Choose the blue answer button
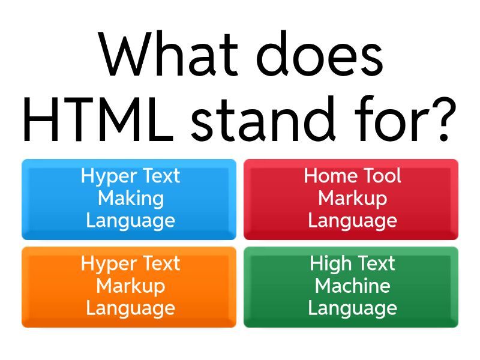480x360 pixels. pyautogui.click(x=129, y=199)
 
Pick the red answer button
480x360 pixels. pyautogui.click(x=351, y=199)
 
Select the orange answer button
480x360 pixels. pyautogui.click(x=129, y=287)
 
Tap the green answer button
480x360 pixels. pyautogui.click(x=351, y=287)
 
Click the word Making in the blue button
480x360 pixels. pyautogui.click(x=130, y=199)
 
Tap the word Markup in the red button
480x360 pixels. pyautogui.click(x=352, y=198)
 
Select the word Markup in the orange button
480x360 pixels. pyautogui.click(x=130, y=286)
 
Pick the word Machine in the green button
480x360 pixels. pyautogui.click(x=352, y=286)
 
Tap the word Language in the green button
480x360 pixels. pyautogui.click(x=352, y=308)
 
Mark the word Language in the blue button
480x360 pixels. pyautogui.click(x=130, y=221)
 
